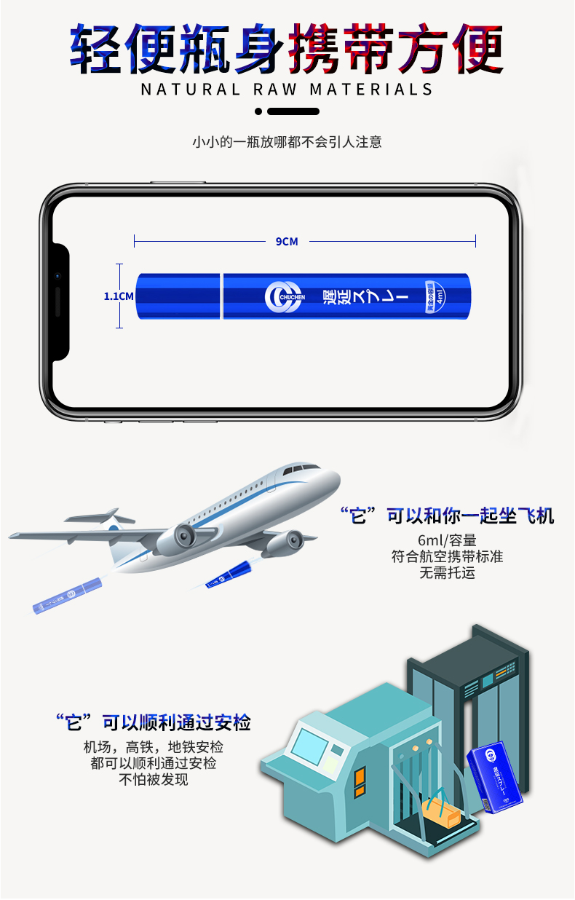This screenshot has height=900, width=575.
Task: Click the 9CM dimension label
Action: (x=287, y=241)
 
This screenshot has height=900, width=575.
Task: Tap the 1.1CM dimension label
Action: (x=119, y=296)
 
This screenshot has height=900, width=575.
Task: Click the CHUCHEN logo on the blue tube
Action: (x=283, y=296)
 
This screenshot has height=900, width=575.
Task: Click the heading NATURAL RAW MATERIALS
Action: (x=287, y=90)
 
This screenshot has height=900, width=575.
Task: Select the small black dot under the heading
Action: (x=258, y=111)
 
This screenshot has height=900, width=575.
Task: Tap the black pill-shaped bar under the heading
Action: (x=293, y=111)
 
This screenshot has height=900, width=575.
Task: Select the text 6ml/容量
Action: (x=447, y=540)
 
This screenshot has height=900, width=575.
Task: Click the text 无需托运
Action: (x=447, y=572)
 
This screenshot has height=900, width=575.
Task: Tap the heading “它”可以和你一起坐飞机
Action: (x=447, y=516)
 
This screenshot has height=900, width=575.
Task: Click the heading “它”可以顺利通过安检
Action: (x=154, y=723)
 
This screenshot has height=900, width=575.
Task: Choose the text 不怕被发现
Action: (x=154, y=779)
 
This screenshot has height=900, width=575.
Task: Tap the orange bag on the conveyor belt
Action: (x=441, y=810)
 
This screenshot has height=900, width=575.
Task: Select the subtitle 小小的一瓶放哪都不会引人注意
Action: (x=287, y=142)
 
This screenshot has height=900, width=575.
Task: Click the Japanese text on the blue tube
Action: (x=364, y=297)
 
